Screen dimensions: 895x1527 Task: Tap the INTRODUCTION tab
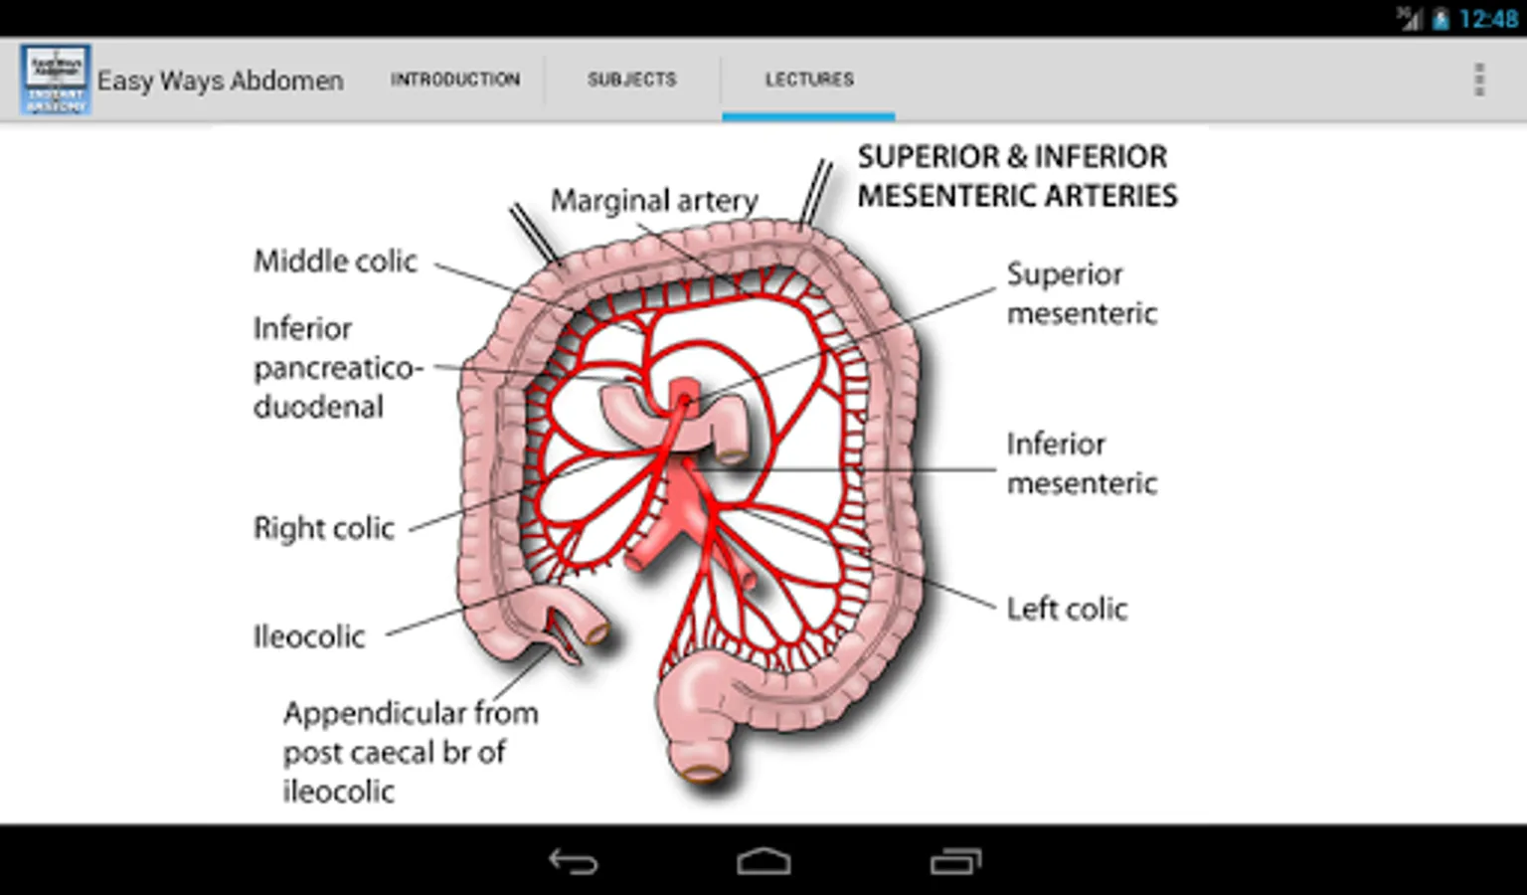(454, 80)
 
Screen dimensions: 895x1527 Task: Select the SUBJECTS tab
(631, 80)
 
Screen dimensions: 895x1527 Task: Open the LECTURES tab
(808, 80)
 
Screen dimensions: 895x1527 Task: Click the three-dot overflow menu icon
(1478, 80)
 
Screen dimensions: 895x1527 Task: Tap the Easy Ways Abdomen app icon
(55, 79)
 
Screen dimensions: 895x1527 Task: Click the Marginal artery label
(654, 201)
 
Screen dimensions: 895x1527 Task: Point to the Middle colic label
(335, 262)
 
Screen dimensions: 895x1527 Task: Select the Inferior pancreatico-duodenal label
(336, 367)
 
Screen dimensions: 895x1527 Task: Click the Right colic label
(324, 528)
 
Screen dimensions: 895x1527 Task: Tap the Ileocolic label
(309, 636)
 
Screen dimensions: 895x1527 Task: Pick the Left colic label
(1067, 609)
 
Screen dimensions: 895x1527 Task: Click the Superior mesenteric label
(1081, 293)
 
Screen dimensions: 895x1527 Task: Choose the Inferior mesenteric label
(1081, 463)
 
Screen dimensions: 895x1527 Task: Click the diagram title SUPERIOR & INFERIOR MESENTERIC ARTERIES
(1016, 176)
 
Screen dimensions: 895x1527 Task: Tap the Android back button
(574, 861)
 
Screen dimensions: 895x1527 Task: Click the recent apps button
(955, 861)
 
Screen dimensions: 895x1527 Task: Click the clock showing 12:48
(1487, 19)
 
